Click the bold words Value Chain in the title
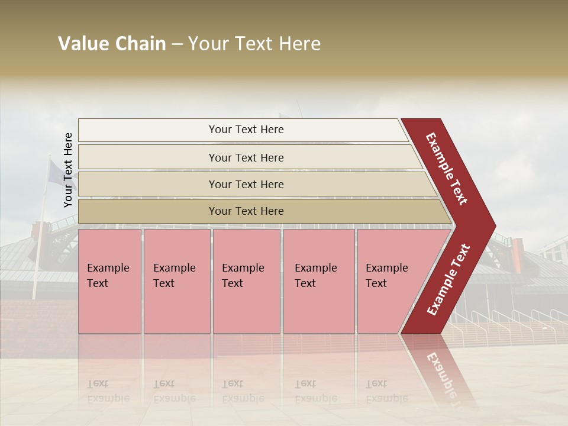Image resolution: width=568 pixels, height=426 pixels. click(x=112, y=44)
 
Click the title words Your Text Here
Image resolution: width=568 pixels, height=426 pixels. click(x=254, y=44)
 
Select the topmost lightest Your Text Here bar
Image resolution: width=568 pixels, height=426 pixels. click(x=246, y=130)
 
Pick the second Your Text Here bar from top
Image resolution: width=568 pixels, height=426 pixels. click(x=246, y=157)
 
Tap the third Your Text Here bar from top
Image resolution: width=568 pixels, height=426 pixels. click(x=246, y=184)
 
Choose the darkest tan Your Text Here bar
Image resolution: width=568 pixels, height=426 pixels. click(x=246, y=211)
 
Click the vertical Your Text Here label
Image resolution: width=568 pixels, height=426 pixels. click(x=68, y=170)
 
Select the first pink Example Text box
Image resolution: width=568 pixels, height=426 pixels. click(x=109, y=281)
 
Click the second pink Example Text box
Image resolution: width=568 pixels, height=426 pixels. click(x=176, y=281)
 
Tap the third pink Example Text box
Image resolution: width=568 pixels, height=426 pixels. click(x=246, y=281)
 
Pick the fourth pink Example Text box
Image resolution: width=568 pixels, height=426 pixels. click(x=318, y=281)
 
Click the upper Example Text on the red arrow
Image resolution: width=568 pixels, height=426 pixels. click(x=447, y=169)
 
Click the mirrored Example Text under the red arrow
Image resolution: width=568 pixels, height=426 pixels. click(x=441, y=379)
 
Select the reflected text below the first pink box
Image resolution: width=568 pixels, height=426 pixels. click(x=108, y=391)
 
